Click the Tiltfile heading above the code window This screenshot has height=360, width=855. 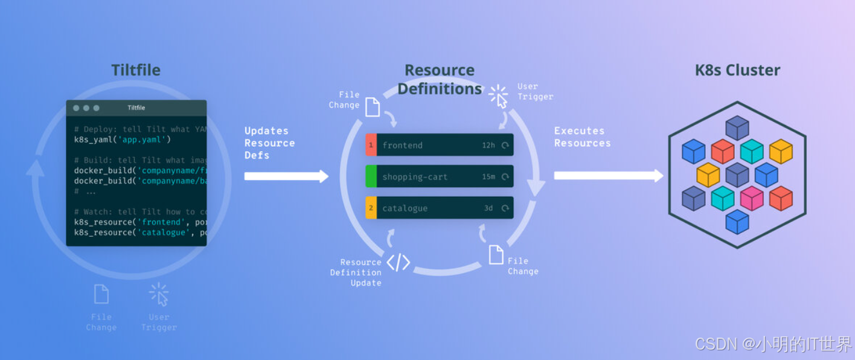pyautogui.click(x=136, y=70)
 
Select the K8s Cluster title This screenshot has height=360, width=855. pyautogui.click(x=737, y=70)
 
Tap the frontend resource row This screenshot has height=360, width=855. pyautogui.click(x=439, y=145)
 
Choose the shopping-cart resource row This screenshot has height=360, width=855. pyautogui.click(x=439, y=176)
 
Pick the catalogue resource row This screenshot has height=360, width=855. pyautogui.click(x=439, y=208)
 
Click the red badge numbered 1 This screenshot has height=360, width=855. pyautogui.click(x=371, y=145)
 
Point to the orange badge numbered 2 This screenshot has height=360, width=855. pyautogui.click(x=371, y=208)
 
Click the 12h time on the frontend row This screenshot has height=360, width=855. pyautogui.click(x=488, y=146)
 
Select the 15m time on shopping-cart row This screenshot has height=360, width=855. pyautogui.click(x=488, y=177)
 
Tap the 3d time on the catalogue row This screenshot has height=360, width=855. pyautogui.click(x=488, y=208)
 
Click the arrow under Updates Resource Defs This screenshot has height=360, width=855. pyautogui.click(x=286, y=176)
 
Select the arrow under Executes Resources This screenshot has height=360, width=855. pyautogui.click(x=608, y=176)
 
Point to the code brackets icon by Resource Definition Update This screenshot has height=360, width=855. pyautogui.click(x=399, y=263)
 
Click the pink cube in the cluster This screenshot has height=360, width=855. pyautogui.click(x=752, y=198)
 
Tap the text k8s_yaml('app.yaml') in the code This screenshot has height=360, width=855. pyautogui.click(x=127, y=140)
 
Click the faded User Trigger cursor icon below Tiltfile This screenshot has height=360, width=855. pyautogui.click(x=159, y=294)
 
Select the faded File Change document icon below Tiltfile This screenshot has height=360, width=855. pyautogui.click(x=101, y=294)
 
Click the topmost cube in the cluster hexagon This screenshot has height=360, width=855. pyautogui.click(x=737, y=127)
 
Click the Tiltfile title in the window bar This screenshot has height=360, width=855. pyautogui.click(x=136, y=108)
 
